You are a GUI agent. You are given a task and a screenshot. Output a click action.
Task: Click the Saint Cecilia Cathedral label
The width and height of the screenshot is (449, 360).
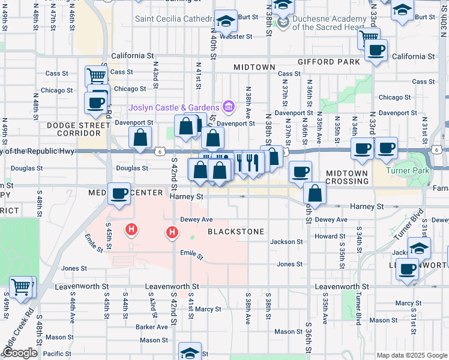[x=174, y=19]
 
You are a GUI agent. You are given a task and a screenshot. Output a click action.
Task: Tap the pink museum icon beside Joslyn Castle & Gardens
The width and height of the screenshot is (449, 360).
[x=228, y=107]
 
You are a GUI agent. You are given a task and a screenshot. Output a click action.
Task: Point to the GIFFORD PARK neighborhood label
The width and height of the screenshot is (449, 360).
[x=329, y=62]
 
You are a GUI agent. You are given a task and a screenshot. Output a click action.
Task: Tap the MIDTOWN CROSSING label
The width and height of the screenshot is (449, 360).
[x=347, y=177]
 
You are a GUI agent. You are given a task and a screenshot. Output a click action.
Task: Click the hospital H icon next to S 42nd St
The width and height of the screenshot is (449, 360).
[x=172, y=232]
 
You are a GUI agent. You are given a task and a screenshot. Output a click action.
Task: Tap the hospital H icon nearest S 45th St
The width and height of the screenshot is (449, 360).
[x=131, y=229]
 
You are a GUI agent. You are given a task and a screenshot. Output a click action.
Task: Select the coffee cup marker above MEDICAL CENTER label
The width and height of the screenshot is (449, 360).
[x=119, y=194]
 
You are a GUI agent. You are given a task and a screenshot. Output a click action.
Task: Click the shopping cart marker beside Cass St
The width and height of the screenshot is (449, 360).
[x=96, y=77]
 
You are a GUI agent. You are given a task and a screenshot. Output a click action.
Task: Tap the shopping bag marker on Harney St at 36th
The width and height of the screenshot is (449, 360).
[x=314, y=194]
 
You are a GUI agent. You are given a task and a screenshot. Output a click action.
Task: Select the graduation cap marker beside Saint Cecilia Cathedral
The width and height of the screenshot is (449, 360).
[x=226, y=22]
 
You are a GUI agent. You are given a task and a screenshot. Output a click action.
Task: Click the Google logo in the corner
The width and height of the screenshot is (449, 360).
[x=19, y=353]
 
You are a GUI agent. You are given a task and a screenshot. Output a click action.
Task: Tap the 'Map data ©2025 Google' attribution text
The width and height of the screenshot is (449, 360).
[x=411, y=355]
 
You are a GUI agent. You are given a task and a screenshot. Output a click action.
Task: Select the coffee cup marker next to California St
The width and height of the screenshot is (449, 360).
[x=376, y=50]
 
